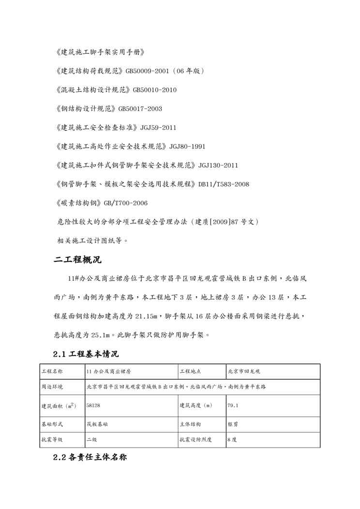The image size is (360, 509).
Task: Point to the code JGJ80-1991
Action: click(187, 146)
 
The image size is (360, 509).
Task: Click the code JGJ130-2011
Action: click(218, 165)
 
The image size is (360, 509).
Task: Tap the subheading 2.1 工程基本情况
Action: click(86, 354)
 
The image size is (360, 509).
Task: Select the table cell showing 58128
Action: click(93, 405)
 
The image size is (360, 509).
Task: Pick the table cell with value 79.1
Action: click(232, 405)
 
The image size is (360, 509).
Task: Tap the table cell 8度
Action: click(232, 440)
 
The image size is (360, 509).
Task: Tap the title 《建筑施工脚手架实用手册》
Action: click(100, 52)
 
